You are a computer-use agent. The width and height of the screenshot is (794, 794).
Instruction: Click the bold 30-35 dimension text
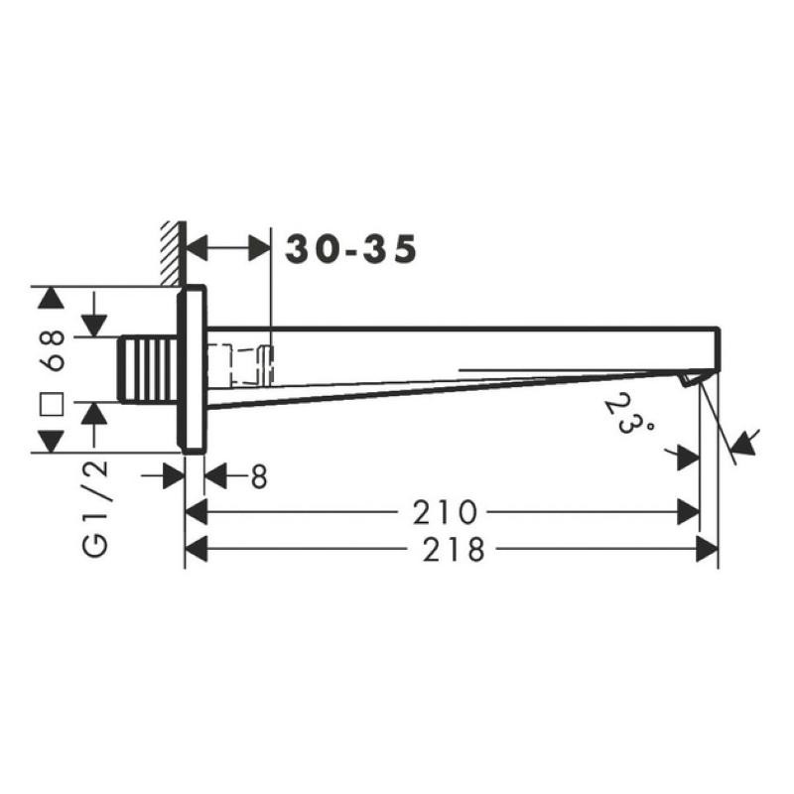[x=351, y=249]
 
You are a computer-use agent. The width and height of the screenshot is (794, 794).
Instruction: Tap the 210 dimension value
[x=445, y=512]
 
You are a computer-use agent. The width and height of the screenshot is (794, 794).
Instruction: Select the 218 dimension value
[x=454, y=550]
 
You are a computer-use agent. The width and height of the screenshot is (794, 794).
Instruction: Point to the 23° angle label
[x=628, y=414]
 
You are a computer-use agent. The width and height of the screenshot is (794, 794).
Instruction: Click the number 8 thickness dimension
[x=259, y=476]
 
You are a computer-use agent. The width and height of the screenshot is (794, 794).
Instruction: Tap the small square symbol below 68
[x=52, y=404]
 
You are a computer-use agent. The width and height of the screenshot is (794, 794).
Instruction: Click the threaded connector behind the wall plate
[x=148, y=369]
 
